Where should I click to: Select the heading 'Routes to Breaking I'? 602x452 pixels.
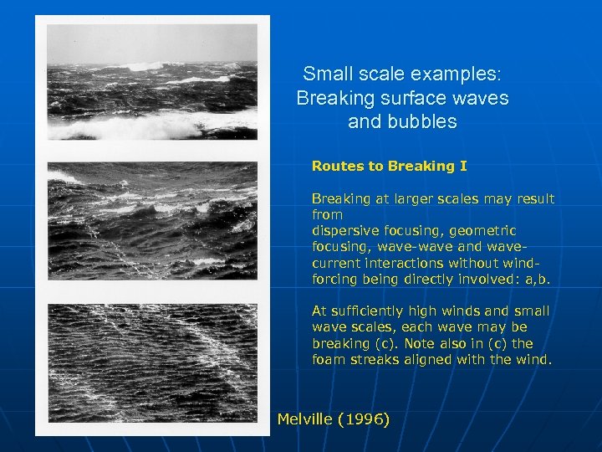[389, 166]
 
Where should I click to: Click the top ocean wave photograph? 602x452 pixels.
[152, 81]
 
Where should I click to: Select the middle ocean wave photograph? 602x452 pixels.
[152, 220]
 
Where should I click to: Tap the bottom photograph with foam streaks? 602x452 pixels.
[152, 362]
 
